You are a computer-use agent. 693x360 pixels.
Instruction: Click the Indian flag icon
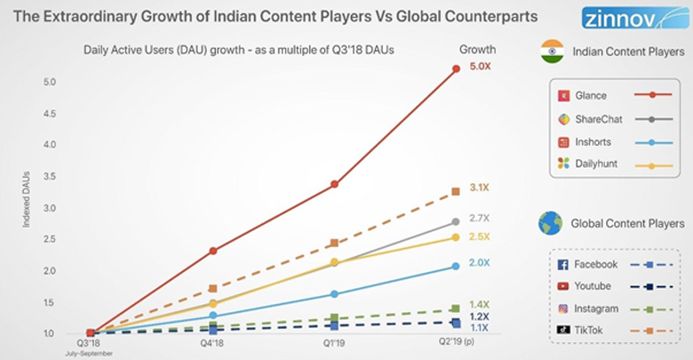coord(552,52)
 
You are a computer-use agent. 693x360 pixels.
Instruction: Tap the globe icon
coord(550,222)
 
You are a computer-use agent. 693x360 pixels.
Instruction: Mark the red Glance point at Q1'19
coord(334,184)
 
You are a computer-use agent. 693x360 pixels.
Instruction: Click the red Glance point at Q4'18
coord(213,251)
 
